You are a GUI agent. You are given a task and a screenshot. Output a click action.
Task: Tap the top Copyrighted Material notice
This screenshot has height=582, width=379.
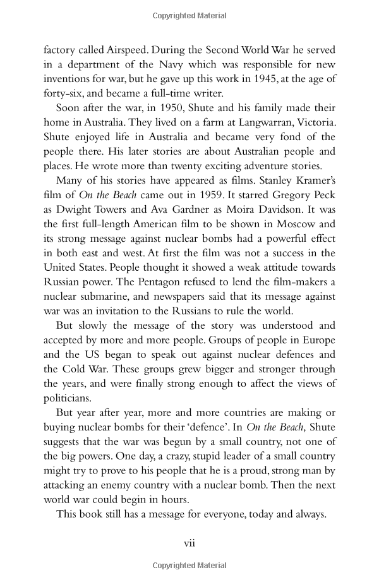(189, 13)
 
